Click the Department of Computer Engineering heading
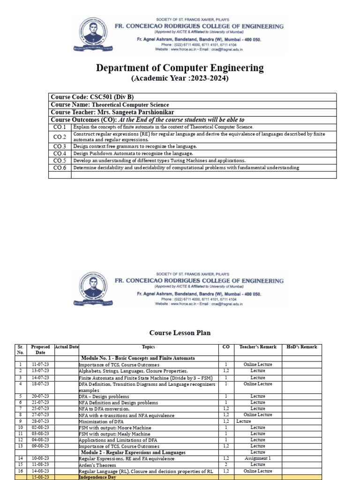(x=180, y=68)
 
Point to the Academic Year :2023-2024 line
(x=180, y=79)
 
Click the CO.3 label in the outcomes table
(x=60, y=146)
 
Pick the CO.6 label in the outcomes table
(x=60, y=167)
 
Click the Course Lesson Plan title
(x=180, y=333)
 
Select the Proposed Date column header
(x=40, y=350)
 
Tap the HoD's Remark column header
(x=301, y=347)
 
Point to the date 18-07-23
(x=40, y=384)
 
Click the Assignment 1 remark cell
(x=257, y=458)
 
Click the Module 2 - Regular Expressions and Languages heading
(x=134, y=452)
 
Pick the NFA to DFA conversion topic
(x=104, y=409)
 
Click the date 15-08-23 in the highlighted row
(x=40, y=477)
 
